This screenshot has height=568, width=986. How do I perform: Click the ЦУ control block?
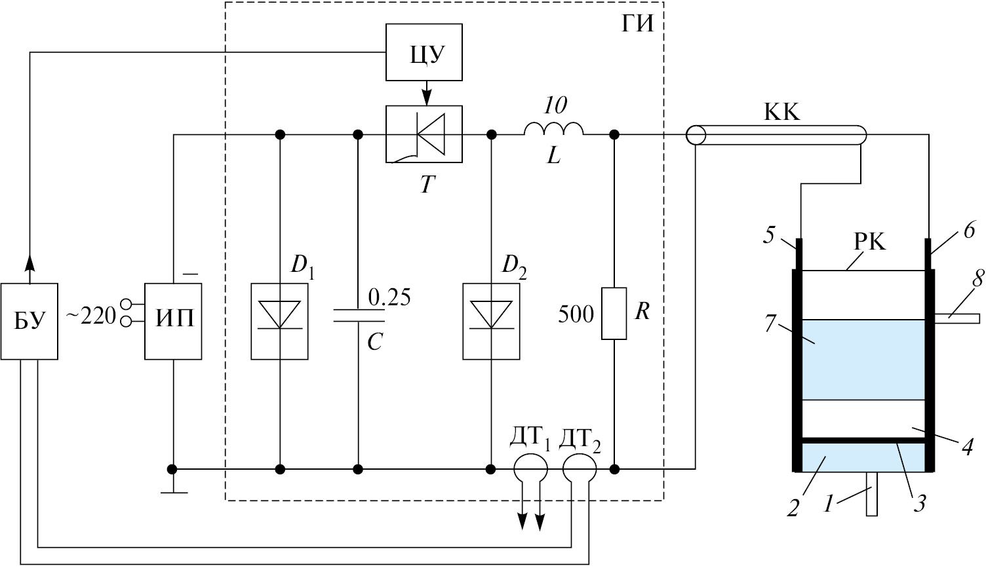point(425,52)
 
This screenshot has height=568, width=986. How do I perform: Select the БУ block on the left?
point(30,321)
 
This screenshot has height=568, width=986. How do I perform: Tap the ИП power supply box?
point(173,321)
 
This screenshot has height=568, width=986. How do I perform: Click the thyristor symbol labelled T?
point(425,134)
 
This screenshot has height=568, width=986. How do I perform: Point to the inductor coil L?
point(553,130)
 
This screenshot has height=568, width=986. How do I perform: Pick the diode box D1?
point(280,321)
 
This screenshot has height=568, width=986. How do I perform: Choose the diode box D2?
point(491,321)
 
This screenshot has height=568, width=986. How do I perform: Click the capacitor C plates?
point(358,316)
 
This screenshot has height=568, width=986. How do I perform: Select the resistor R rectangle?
point(614,313)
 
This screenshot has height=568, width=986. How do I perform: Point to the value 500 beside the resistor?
point(576,314)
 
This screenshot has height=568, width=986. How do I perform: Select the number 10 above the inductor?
point(555,105)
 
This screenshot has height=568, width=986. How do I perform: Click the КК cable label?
point(781,113)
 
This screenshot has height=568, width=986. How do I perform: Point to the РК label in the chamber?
point(869,243)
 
